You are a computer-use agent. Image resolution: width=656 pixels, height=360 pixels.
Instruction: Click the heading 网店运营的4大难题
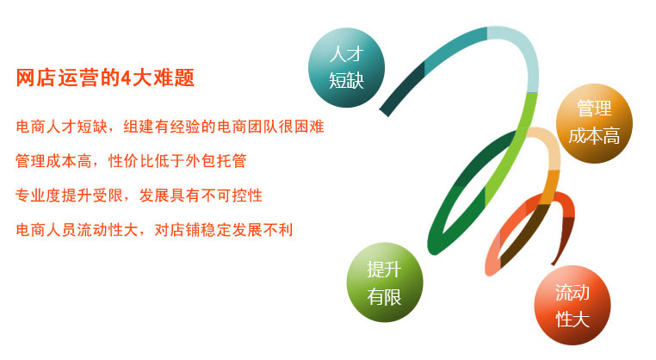[105, 78]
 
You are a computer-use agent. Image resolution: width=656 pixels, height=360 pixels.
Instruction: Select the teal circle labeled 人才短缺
[346, 67]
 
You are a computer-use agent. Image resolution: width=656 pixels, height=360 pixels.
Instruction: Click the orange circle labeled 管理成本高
[594, 123]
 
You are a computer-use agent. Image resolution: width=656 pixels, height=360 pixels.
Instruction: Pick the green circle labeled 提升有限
[385, 282]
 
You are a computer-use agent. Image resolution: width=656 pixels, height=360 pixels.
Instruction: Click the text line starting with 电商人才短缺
[170, 127]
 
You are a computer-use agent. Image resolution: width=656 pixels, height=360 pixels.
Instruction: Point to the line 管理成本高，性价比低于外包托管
[131, 161]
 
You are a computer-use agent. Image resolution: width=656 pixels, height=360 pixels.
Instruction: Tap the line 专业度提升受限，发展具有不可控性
[139, 196]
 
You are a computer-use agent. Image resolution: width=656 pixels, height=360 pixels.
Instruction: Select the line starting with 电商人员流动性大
[154, 230]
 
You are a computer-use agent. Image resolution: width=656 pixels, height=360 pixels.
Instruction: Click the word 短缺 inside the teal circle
[346, 81]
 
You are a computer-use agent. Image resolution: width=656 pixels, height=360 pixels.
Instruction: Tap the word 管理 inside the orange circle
[594, 109]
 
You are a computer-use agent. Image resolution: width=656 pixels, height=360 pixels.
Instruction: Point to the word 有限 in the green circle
[385, 297]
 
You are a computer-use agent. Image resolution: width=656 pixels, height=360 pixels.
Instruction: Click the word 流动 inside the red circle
[572, 293]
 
